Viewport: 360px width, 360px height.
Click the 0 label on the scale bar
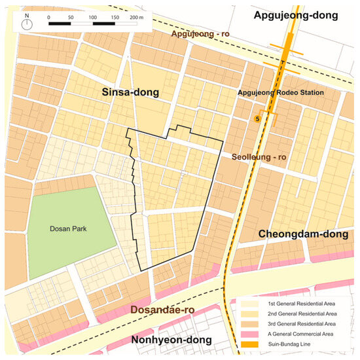49,16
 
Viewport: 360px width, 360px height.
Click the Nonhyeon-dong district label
171,340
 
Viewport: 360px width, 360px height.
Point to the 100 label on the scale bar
92,16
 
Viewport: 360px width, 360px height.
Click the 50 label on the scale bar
71,16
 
